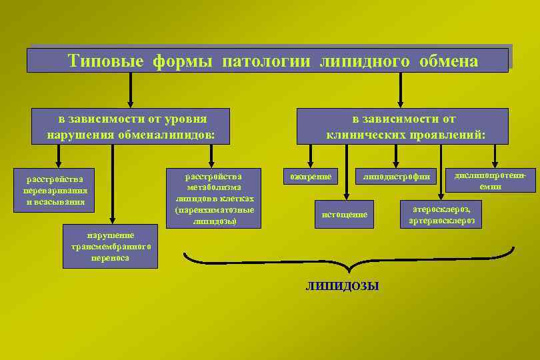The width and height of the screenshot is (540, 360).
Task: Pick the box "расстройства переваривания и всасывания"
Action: coord(55,190)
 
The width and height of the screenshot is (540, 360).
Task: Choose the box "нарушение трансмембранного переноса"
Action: coord(110,246)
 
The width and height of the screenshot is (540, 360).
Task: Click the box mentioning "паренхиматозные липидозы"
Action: coord(213,197)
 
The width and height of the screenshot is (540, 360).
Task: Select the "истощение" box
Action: coord(344,214)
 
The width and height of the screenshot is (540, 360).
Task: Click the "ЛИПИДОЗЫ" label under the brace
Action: coord(342,286)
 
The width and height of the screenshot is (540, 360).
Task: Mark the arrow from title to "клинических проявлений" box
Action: coord(400,89)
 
